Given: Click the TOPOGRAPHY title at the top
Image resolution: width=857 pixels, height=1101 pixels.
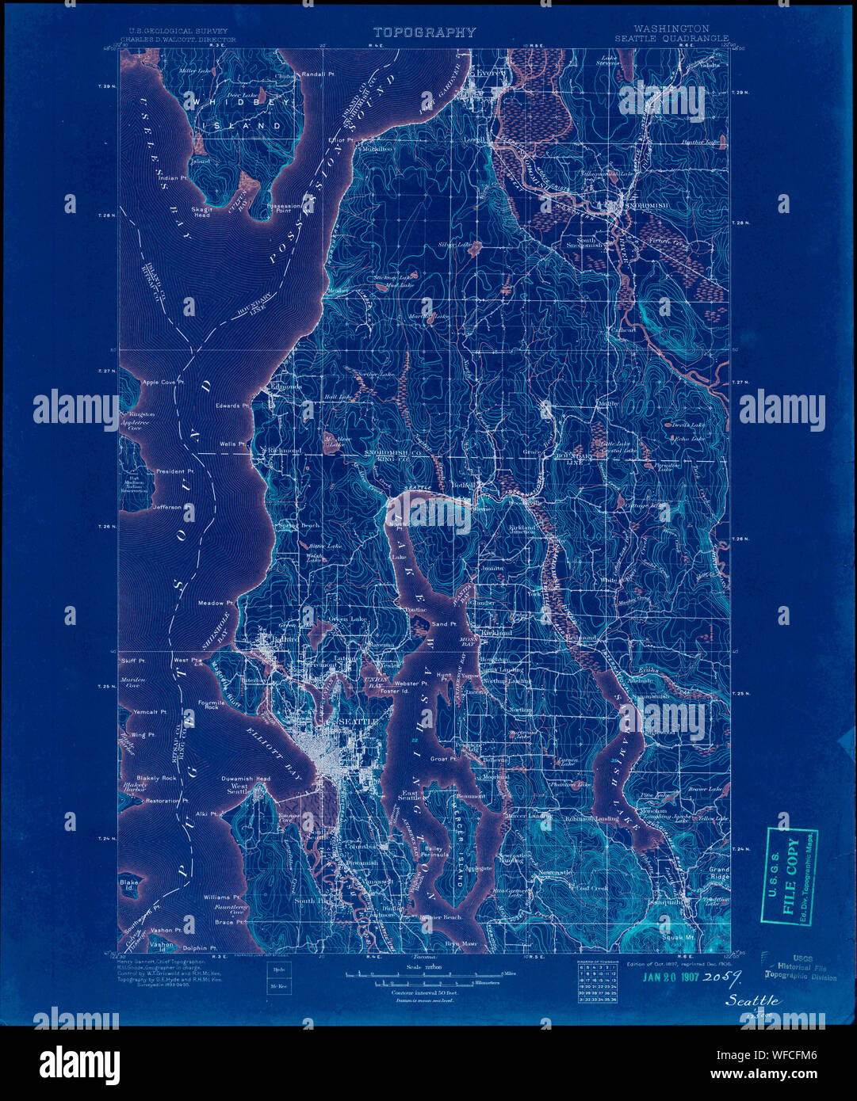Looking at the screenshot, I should tap(424, 32).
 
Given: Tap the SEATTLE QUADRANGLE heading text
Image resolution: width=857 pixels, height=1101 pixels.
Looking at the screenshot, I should tap(671, 38).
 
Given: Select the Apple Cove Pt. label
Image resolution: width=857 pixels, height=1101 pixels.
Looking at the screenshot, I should tap(163, 382).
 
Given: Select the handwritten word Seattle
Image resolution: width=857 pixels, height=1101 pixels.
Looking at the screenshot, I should tap(753, 1000).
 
